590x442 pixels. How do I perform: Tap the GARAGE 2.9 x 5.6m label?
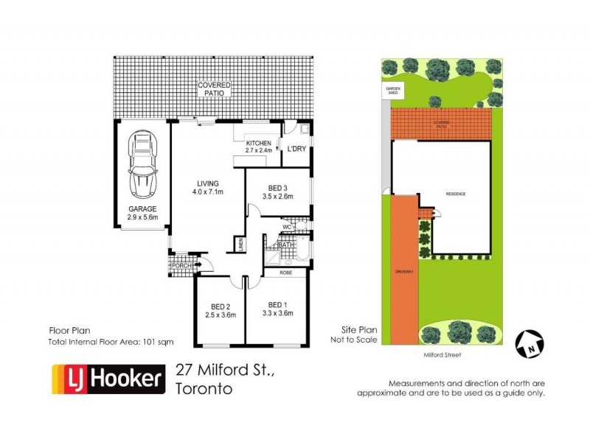(x=142, y=214)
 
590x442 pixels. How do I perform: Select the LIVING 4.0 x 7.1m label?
(x=209, y=188)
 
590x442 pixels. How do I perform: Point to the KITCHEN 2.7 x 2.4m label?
(x=259, y=147)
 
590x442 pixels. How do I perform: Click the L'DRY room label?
(x=296, y=149)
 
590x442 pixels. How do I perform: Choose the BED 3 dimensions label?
(x=277, y=192)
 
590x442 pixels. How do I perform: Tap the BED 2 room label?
(x=220, y=309)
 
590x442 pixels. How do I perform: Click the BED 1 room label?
(x=277, y=309)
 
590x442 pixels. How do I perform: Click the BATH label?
(x=286, y=245)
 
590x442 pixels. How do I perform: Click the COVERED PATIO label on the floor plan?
(x=214, y=90)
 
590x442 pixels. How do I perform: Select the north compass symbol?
(x=532, y=341)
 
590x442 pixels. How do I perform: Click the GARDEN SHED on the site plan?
(x=390, y=91)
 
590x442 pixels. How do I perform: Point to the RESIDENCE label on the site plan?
(x=456, y=194)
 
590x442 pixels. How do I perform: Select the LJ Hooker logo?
(x=108, y=379)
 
